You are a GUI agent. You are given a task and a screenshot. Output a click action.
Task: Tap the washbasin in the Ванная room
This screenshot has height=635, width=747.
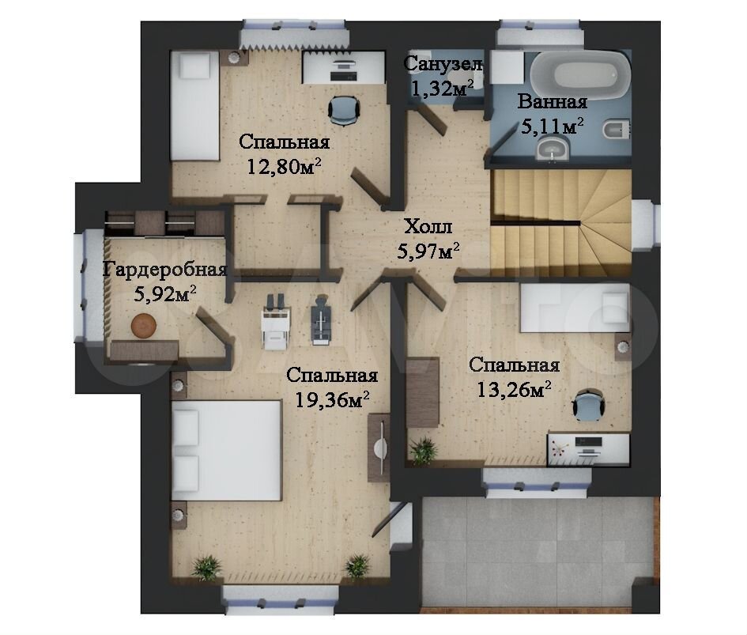[553, 149]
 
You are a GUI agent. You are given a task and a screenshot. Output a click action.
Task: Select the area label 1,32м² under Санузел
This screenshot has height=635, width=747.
[442, 89]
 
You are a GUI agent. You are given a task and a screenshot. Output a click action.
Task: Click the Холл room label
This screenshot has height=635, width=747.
[428, 226]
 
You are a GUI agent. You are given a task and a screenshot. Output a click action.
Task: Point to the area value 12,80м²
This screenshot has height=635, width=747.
[284, 166]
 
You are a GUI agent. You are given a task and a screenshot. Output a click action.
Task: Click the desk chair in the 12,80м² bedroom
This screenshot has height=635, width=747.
[344, 111]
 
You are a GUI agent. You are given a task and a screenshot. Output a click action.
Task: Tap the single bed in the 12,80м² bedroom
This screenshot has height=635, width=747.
[194, 106]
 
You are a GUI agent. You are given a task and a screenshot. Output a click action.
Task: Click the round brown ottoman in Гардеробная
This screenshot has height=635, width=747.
[143, 326]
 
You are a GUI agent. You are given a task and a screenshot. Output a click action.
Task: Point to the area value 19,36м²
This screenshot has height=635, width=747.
[333, 399]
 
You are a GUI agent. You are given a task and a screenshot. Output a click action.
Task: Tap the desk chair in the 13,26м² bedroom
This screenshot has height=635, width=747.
[589, 405]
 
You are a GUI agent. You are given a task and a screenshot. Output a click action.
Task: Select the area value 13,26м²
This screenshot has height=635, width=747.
[514, 390]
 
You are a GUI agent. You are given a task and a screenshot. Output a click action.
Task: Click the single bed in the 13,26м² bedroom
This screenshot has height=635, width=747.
[575, 308]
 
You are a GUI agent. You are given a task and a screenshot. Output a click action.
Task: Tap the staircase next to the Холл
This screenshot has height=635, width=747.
[561, 224]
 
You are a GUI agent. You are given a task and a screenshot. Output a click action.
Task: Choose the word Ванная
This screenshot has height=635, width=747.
[553, 101]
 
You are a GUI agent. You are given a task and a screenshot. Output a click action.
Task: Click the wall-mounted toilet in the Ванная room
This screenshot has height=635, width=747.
[617, 129]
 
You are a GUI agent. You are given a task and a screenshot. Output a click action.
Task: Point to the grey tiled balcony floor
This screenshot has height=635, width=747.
[538, 554]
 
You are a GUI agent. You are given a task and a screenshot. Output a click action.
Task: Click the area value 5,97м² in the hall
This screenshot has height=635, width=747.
[428, 251]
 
